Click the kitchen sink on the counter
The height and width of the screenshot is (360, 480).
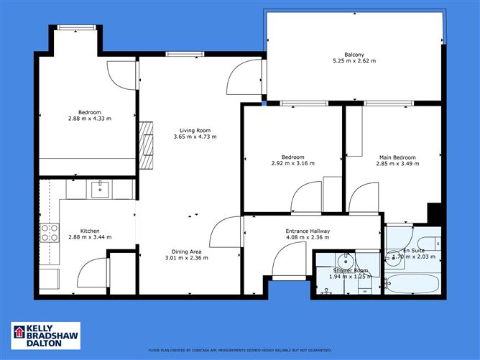[98, 189]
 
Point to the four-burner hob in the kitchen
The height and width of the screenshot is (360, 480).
[50, 232]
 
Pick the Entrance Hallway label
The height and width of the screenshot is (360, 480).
[308, 231]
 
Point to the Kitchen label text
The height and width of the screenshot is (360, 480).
[79, 230]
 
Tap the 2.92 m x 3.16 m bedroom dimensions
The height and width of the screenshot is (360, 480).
[292, 164]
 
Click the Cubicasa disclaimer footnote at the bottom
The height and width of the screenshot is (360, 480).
[239, 351]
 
